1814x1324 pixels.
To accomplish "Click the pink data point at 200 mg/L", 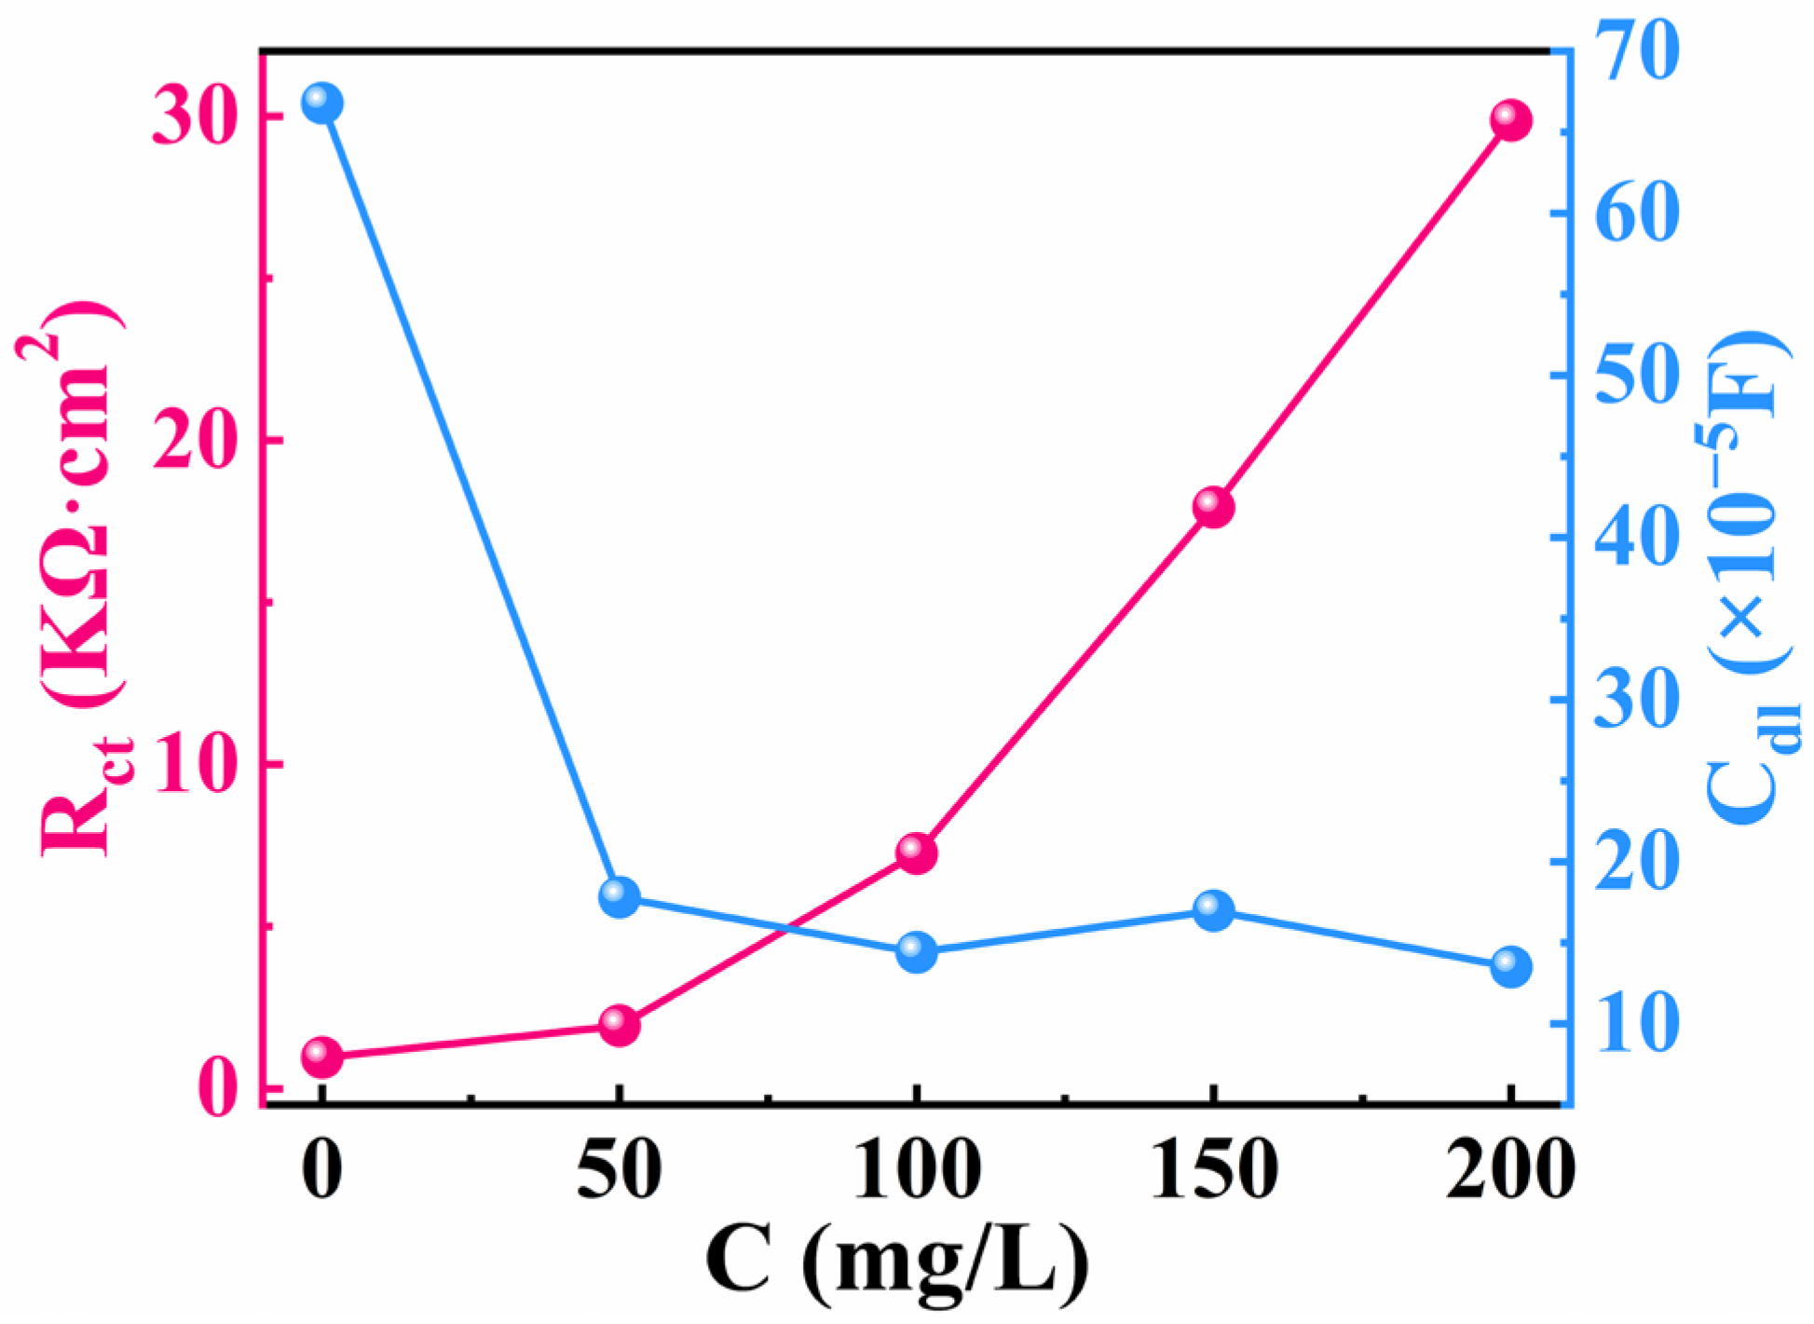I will (x=1510, y=121).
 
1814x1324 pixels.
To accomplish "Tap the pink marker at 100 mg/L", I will (x=917, y=853).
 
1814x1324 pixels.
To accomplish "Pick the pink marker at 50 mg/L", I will (x=620, y=1025).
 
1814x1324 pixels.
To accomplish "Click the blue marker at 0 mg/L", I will (x=322, y=102).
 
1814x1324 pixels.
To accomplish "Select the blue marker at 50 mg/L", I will (x=620, y=896).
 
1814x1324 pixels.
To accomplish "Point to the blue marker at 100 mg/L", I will (x=917, y=952).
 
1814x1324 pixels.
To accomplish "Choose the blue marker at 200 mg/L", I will (x=1510, y=967).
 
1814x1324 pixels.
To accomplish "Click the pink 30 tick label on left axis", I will (x=191, y=119).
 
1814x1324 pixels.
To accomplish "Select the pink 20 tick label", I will (x=191, y=441).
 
